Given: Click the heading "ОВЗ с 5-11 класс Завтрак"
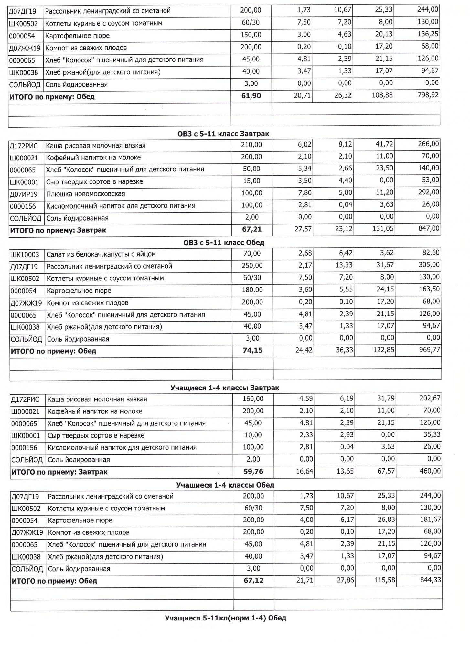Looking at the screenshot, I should click(x=223, y=134).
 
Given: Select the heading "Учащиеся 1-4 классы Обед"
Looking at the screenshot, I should click(x=225, y=485).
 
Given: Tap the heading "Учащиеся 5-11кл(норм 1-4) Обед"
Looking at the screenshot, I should click(x=225, y=618).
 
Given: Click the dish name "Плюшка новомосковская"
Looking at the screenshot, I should click(x=86, y=194).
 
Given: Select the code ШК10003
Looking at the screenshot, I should click(x=25, y=255).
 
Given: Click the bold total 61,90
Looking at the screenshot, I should click(x=251, y=96).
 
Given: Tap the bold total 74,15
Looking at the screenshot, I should click(x=252, y=350).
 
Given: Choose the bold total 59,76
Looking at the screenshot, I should click(x=253, y=471).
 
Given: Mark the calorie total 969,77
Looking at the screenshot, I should click(x=429, y=350).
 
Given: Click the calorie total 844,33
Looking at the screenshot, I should click(x=430, y=580).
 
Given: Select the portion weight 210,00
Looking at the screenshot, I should click(x=251, y=145).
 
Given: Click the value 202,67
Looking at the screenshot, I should click(x=430, y=398).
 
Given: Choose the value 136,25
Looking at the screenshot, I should click(x=428, y=34).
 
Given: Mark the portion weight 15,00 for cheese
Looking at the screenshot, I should click(x=251, y=181).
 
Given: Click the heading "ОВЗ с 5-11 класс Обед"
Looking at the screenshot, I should click(x=223, y=242).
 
